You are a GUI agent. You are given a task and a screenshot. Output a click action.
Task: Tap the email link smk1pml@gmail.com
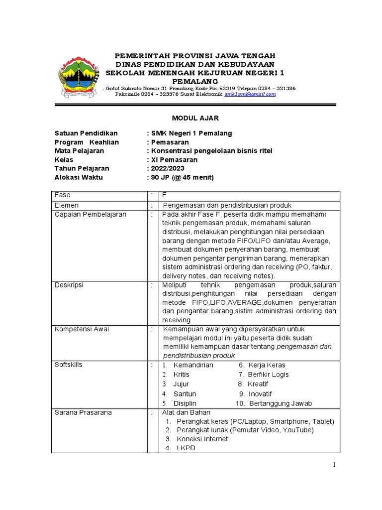click(250, 94)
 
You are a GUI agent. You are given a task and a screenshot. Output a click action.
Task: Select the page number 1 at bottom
click(335, 465)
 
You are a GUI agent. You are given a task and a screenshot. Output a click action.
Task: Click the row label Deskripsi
click(69, 285)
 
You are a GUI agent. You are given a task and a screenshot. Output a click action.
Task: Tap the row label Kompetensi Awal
click(82, 329)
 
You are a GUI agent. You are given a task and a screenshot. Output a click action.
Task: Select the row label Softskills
click(68, 365)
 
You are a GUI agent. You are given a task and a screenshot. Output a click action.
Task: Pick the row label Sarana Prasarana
click(83, 412)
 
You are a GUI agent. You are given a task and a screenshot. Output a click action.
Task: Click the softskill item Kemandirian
click(193, 365)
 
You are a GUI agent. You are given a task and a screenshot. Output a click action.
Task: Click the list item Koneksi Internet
click(202, 439)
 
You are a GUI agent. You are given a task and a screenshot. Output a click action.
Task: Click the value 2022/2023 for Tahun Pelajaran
click(168, 169)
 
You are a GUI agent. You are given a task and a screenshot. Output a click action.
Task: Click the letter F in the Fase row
click(164, 196)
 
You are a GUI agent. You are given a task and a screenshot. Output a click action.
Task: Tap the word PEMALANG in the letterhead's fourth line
click(195, 81)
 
